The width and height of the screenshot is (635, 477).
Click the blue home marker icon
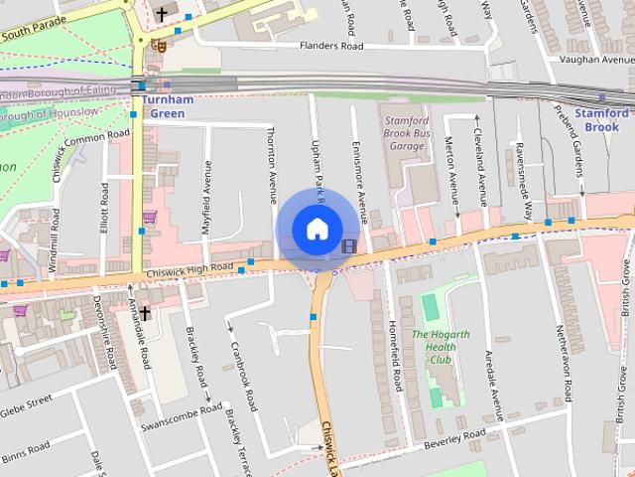316,230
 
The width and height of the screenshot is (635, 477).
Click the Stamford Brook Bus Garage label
405,133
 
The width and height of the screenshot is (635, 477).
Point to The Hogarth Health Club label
441,348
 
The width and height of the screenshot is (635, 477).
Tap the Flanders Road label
331,46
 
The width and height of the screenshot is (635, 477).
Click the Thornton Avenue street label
271,165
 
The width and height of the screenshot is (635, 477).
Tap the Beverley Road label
454,439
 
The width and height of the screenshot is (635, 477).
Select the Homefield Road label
395,360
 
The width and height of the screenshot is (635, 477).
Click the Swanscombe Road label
181,417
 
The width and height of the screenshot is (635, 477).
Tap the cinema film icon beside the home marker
348,245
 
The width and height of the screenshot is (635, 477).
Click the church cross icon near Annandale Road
145,313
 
